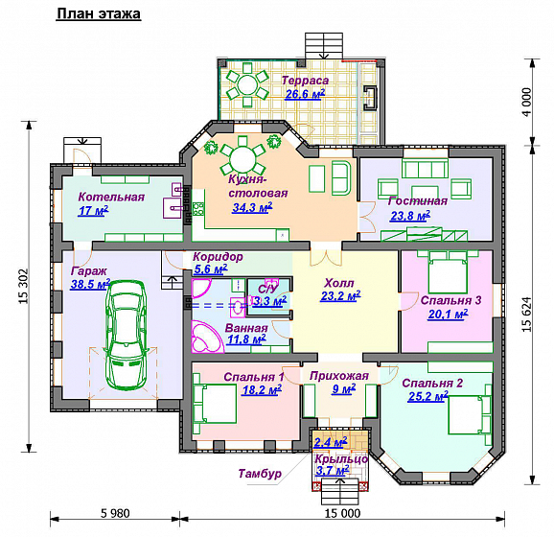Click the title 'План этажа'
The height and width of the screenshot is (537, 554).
[x=99, y=13]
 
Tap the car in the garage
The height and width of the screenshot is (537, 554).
[x=127, y=335]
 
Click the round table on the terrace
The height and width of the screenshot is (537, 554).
[x=247, y=84]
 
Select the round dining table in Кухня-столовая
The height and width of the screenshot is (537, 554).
[x=242, y=157]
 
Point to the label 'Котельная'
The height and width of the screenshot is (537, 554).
[x=111, y=197]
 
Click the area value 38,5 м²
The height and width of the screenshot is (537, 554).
[x=90, y=284]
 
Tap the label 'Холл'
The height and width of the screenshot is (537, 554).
[x=339, y=283]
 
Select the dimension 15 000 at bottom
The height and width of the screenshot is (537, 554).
[x=343, y=513]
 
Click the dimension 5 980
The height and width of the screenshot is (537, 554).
[x=115, y=513]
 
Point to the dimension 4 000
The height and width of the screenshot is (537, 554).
[x=526, y=103]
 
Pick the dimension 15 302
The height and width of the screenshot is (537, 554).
[x=23, y=287]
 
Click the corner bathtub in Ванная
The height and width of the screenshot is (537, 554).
[x=208, y=337]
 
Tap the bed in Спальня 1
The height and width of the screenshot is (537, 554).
[x=215, y=404]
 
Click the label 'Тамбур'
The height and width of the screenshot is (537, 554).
[x=260, y=474]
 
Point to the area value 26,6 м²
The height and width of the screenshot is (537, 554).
[x=305, y=94]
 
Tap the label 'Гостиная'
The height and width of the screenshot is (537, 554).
[x=418, y=201]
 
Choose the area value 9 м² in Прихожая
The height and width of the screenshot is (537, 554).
[x=343, y=389]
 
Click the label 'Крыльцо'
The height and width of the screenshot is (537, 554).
[x=341, y=459]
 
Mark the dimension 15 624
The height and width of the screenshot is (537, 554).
[x=526, y=314]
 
